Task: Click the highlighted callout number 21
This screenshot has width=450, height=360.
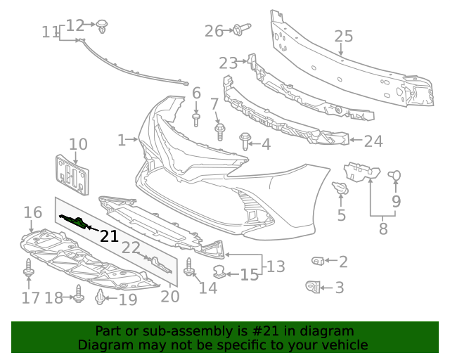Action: point(109,236)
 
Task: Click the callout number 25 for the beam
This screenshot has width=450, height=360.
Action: point(342,37)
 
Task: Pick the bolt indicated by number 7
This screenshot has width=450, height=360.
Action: point(219,131)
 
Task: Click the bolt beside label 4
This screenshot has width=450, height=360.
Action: point(245,141)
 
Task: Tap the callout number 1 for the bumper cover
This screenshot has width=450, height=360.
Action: point(122,140)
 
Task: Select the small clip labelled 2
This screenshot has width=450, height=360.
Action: point(316,262)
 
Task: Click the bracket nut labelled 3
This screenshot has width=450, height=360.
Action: point(313,286)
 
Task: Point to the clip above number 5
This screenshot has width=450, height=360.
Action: point(340,188)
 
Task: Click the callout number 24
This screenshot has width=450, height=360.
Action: point(373,141)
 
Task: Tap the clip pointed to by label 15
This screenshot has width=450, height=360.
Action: point(220,272)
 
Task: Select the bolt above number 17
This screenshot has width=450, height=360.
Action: point(28,270)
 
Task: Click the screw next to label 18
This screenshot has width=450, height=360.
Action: point(79,297)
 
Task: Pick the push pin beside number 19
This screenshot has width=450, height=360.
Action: point(101,298)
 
